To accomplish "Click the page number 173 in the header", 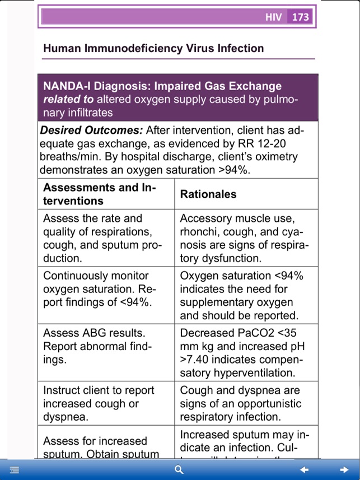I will coord(301,17).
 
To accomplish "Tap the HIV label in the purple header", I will coord(274,17).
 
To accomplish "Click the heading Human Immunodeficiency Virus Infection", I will coord(153,49).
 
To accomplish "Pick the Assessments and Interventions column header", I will coord(100,194).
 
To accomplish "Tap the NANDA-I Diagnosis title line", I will coord(162,86).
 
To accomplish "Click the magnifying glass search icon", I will coord(179,470).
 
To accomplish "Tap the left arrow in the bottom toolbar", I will coord(304,470).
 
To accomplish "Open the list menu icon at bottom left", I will coord(15,470).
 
